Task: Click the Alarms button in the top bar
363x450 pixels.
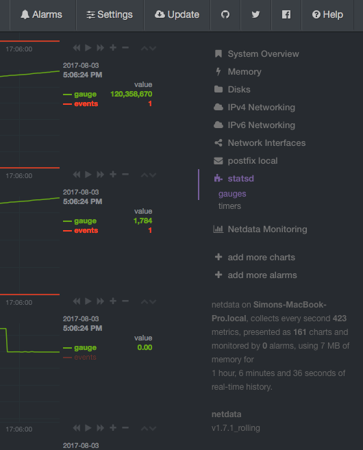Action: (x=41, y=14)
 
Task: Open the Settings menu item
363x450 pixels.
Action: (x=110, y=14)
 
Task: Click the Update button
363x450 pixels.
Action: (x=177, y=14)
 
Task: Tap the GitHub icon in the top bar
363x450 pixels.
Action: (x=225, y=14)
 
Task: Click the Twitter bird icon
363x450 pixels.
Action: (x=255, y=14)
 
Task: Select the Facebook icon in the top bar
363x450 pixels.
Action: (x=286, y=14)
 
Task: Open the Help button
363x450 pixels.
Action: (x=327, y=14)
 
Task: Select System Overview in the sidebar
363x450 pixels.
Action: (x=263, y=54)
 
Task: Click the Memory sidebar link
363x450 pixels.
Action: (x=244, y=72)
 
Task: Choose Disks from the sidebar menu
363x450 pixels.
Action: (x=239, y=90)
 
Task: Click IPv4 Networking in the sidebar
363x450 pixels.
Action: (x=261, y=108)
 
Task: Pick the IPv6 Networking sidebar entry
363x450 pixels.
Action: (x=261, y=125)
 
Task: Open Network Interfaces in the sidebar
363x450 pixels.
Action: (x=266, y=143)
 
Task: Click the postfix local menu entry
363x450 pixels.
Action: (x=252, y=161)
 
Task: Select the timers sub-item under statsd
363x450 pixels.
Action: (x=229, y=205)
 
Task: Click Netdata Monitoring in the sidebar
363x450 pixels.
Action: (x=267, y=229)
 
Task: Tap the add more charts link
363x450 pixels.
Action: (x=261, y=258)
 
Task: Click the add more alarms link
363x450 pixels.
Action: (x=262, y=275)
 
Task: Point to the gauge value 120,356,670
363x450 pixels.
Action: (x=131, y=94)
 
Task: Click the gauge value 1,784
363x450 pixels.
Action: (x=142, y=221)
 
